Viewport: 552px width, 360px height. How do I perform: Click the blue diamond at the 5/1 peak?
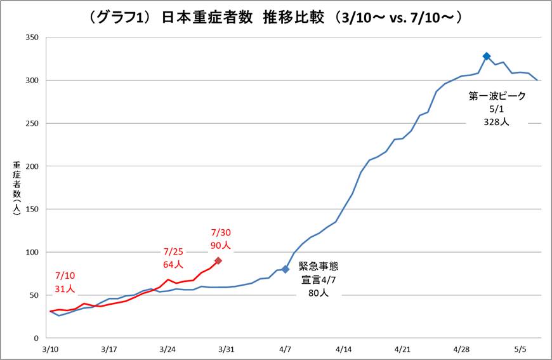pyautogui.click(x=487, y=57)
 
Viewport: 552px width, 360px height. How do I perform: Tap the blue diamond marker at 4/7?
pyautogui.click(x=286, y=269)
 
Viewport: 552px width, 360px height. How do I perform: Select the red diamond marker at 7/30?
pyautogui.click(x=218, y=260)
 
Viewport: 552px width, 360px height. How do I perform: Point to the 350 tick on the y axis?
pyautogui.click(x=32, y=37)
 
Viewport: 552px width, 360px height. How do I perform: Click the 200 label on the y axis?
pyautogui.click(x=32, y=166)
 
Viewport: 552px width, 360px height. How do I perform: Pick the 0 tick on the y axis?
pyautogui.click(x=36, y=338)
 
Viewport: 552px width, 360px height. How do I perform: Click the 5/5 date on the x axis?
pyautogui.click(x=520, y=349)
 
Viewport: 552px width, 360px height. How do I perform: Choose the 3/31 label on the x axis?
pyautogui.click(x=227, y=349)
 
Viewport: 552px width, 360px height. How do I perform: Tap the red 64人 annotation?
pyautogui.click(x=173, y=264)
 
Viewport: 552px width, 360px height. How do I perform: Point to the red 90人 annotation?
pyautogui.click(x=220, y=244)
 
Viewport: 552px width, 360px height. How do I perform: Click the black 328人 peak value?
pyautogui.click(x=497, y=123)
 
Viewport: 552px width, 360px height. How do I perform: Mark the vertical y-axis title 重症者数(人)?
pyautogui.click(x=17, y=187)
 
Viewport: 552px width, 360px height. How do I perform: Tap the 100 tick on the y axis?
pyautogui.click(x=32, y=252)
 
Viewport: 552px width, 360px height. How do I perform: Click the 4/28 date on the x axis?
pyautogui.click(x=461, y=349)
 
